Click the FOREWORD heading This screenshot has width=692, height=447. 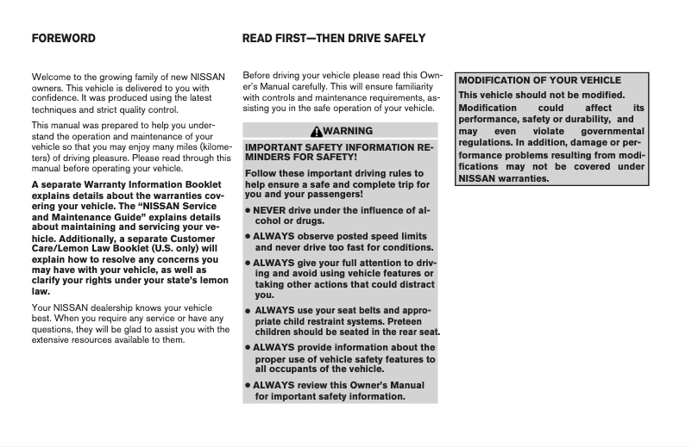(63, 39)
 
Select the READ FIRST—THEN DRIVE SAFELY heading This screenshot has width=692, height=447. (333, 39)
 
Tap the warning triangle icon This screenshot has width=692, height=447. (318, 132)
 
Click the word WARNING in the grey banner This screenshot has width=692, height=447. (349, 132)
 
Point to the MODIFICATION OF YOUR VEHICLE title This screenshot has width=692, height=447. (539, 80)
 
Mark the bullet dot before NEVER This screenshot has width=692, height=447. (248, 210)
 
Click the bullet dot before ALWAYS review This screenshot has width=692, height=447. (248, 386)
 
